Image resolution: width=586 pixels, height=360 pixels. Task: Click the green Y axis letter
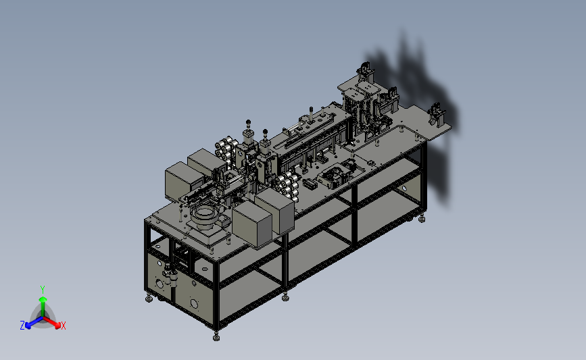pyautogui.click(x=43, y=290)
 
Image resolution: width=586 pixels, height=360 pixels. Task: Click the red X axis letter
pyautogui.click(x=64, y=326)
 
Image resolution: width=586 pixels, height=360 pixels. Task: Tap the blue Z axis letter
pyautogui.click(x=22, y=326)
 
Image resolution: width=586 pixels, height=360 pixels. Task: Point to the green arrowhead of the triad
pyautogui.click(x=43, y=299)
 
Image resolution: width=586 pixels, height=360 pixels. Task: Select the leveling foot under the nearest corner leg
pyautogui.click(x=216, y=337)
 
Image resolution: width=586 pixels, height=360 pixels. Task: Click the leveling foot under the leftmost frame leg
pyautogui.click(x=149, y=299)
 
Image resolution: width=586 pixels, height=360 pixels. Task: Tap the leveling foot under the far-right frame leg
pyautogui.click(x=422, y=218)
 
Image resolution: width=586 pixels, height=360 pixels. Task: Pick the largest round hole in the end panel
pyautogui.click(x=194, y=303)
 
